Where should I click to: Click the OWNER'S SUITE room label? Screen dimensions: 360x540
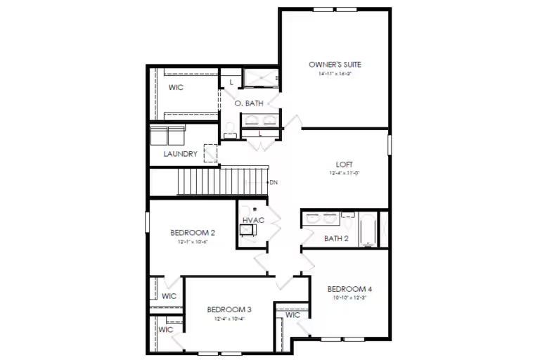tap(335, 65)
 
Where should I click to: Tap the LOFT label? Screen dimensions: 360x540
tap(345, 165)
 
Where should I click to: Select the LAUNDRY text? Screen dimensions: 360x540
tap(180, 154)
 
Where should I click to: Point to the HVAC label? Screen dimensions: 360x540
tap(253, 221)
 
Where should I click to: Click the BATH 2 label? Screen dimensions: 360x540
tap(336, 238)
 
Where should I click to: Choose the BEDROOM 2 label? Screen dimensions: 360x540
tap(193, 233)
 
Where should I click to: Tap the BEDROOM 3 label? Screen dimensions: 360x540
tap(229, 309)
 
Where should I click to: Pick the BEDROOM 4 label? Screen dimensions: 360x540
tap(349, 289)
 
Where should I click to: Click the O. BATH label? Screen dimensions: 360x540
tap(249, 103)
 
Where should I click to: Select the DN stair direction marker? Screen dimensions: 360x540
tap(274, 183)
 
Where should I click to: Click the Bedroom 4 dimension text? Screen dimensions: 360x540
tap(349, 297)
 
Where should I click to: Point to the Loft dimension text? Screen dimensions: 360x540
tap(345, 173)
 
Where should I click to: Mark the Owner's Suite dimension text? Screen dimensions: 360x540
tap(335, 73)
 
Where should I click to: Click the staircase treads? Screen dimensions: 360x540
tap(222, 181)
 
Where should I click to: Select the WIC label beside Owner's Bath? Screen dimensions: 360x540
tap(176, 88)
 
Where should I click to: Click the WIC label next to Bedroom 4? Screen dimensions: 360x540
tap(293, 315)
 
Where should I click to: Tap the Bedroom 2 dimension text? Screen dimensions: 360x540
tap(193, 241)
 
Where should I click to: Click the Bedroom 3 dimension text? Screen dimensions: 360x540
tap(229, 318)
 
